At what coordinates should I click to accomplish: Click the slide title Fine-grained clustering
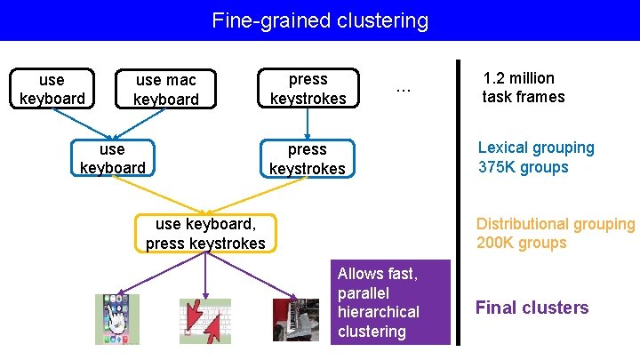pos(320,20)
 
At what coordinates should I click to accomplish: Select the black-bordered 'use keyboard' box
pos(52,89)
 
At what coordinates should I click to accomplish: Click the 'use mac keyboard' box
pos(165,89)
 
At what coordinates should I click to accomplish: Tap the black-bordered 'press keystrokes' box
pos(308,89)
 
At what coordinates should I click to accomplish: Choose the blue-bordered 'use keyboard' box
pos(112,158)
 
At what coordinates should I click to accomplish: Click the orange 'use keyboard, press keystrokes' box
pos(205,233)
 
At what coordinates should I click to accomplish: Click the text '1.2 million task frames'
pos(524,87)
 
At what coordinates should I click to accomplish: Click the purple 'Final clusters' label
pos(532,308)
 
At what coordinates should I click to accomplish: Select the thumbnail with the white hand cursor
pos(117,319)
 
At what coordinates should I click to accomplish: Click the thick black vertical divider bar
pos(458,203)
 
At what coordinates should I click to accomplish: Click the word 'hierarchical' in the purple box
pos(379,312)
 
